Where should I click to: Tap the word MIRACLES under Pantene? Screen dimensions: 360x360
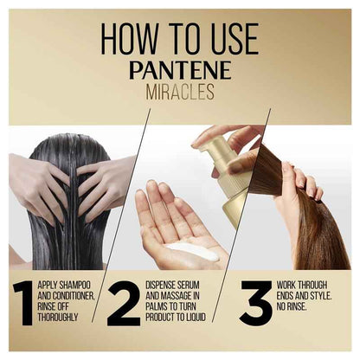[179, 92]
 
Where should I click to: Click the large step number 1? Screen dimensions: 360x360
[22, 302]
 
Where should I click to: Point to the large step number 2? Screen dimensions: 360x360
[123, 302]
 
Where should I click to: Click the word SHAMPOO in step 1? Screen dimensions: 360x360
[72, 285]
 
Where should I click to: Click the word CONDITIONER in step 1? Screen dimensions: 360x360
[73, 295]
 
